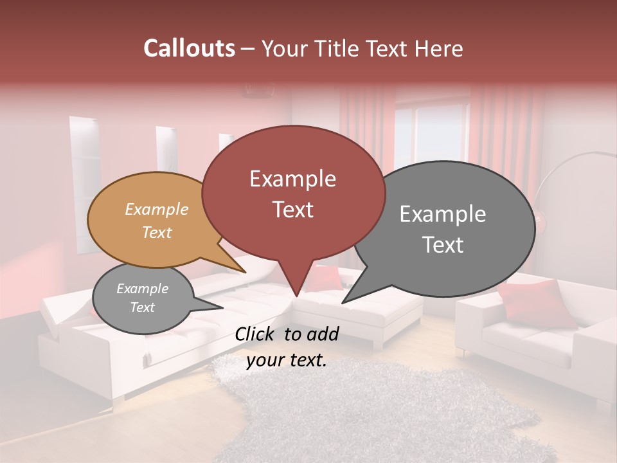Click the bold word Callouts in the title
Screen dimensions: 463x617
(x=189, y=48)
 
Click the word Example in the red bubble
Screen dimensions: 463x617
(x=293, y=179)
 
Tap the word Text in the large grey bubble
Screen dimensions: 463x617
(x=443, y=245)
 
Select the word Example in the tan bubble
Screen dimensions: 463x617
(x=157, y=209)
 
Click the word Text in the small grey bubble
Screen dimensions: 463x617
(x=143, y=307)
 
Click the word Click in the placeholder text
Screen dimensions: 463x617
(x=255, y=334)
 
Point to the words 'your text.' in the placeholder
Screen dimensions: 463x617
(x=287, y=361)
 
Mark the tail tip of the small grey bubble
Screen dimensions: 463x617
(x=222, y=308)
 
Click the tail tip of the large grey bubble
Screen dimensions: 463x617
(x=343, y=302)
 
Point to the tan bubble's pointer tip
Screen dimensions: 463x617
(x=246, y=273)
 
